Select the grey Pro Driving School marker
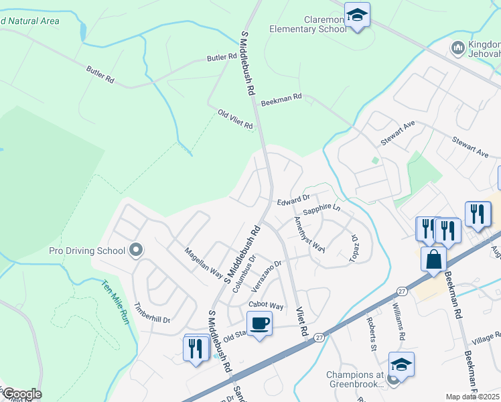click(136, 251)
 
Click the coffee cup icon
click(259, 324)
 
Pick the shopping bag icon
click(434, 258)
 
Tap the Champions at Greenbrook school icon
click(401, 364)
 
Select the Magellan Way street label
click(204, 261)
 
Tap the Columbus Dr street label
click(244, 273)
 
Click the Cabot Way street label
click(267, 306)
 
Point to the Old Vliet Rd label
click(236, 121)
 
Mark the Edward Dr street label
click(293, 200)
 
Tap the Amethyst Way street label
click(309, 234)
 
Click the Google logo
click(21, 394)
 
